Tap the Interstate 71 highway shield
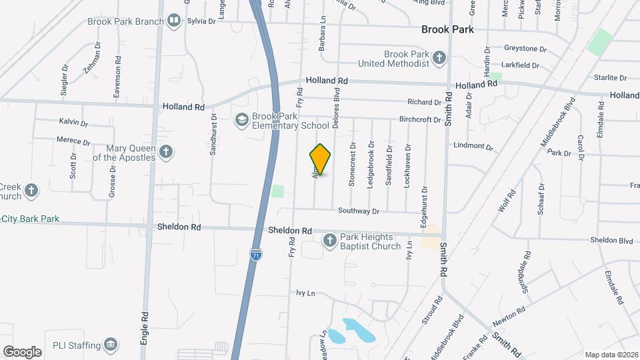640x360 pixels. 257,255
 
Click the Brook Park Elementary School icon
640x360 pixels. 241,120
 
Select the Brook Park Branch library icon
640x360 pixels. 174,21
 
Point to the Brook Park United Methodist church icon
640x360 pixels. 439,58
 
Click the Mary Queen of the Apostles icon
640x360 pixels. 166,153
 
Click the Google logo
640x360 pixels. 23,351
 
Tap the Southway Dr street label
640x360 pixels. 358,211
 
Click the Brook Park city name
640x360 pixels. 447,29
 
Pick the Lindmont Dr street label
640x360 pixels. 472,146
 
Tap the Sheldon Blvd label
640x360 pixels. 611,240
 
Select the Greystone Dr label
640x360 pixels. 525,49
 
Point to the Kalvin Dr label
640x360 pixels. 73,122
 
